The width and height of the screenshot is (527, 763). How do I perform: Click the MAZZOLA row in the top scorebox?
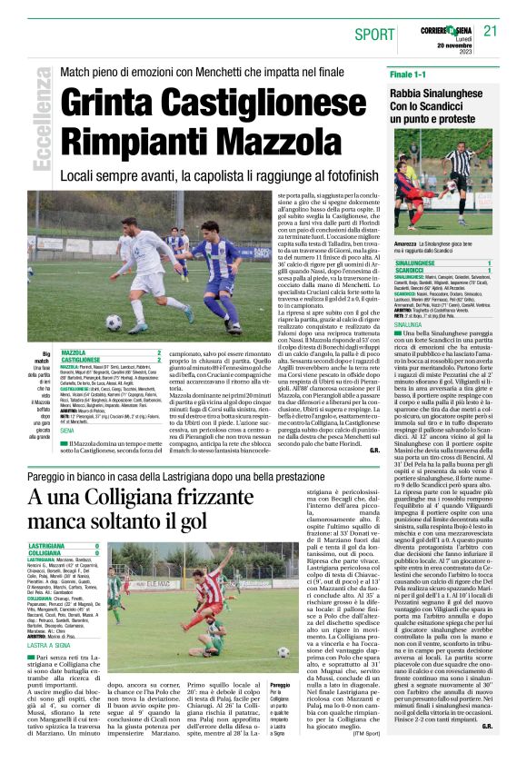[x=109, y=352]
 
